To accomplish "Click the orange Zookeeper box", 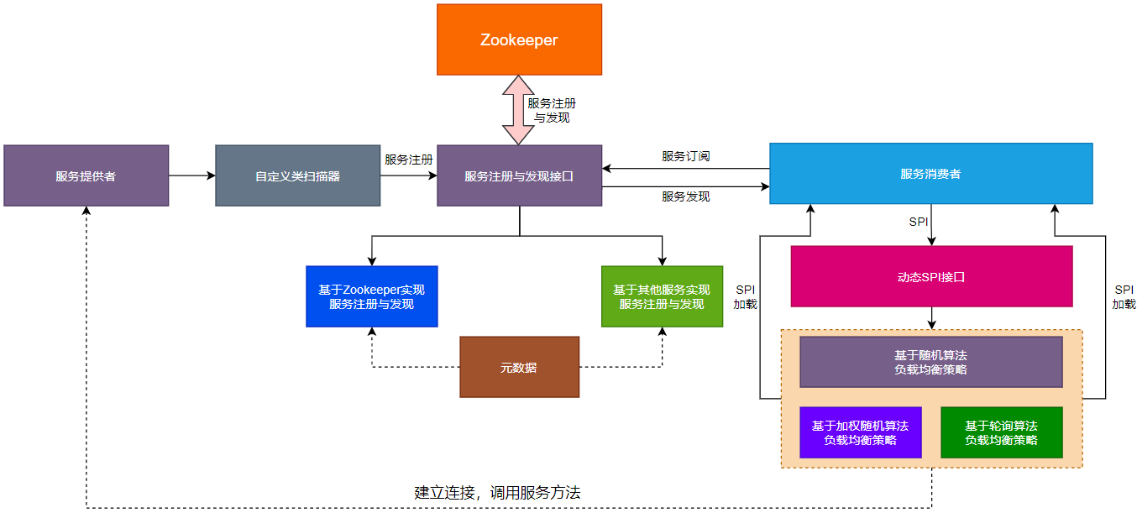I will [519, 39].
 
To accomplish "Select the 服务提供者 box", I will [86, 175].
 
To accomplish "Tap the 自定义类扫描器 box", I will [297, 175].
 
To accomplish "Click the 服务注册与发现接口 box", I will [519, 175].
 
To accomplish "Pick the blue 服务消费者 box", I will [930, 173].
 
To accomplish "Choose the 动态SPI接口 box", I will [931, 276].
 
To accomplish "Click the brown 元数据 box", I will [519, 367].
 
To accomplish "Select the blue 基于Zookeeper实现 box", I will [371, 296].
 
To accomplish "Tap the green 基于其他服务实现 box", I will [662, 296].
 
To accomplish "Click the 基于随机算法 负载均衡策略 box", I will [930, 362].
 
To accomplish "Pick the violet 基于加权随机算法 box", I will [860, 432].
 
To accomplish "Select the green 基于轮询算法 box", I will [1001, 432].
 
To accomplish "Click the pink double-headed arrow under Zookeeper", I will [518, 110].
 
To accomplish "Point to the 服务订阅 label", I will [685, 156].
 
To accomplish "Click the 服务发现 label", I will [685, 196].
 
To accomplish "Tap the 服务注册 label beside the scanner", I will [408, 159].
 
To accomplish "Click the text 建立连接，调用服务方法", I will [497, 493].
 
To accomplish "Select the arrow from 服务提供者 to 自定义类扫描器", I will [191, 175].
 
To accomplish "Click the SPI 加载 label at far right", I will [1124, 296].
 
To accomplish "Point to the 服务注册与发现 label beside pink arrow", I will [552, 110].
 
